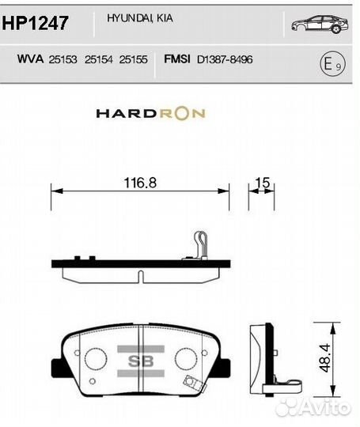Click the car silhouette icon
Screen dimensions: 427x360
tap(319, 25)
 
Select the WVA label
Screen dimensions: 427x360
tap(29, 59)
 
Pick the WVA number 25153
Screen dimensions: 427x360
tap(63, 59)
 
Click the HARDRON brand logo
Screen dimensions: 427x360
tap(150, 113)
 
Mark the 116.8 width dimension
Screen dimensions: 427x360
tap(140, 183)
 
